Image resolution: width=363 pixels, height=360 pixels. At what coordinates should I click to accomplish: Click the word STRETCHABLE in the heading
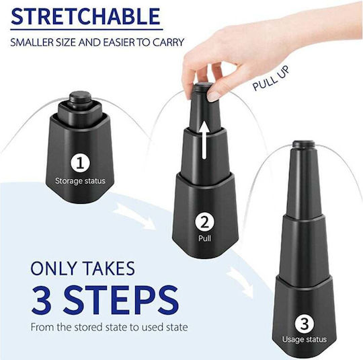pos(85,16)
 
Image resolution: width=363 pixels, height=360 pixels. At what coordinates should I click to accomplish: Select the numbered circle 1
pos(80,164)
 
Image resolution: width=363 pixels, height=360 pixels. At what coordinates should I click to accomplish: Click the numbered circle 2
pos(204,222)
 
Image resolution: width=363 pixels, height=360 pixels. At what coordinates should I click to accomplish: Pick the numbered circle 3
pos(305,324)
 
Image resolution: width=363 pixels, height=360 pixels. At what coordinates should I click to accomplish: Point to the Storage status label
pos(80,181)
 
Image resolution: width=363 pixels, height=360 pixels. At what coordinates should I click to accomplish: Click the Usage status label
pos(305,340)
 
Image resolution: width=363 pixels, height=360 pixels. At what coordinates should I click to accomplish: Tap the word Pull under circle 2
pos(204,238)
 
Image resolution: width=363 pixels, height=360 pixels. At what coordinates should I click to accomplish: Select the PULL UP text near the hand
pos(271,79)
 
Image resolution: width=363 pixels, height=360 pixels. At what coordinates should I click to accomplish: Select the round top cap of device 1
pos(80,96)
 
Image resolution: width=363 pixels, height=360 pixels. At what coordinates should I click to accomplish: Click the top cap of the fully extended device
pos(304,144)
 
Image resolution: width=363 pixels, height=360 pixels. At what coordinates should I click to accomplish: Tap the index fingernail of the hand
pos(212,96)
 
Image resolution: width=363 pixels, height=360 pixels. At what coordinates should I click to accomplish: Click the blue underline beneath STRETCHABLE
pos(87,30)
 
